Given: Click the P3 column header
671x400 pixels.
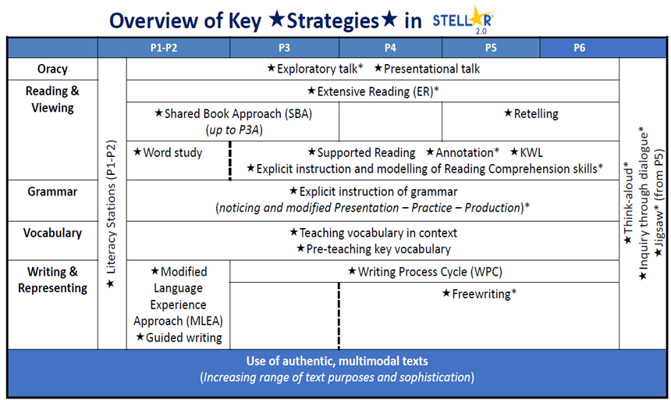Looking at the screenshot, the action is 284,48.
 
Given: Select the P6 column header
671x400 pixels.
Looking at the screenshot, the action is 580,48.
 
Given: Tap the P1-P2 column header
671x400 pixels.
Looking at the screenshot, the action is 164,48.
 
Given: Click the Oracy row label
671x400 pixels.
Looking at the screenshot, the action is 52,69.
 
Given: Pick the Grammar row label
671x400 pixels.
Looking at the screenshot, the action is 52,191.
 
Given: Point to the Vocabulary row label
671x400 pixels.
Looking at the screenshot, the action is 52,233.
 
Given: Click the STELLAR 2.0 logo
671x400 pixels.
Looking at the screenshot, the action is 463,20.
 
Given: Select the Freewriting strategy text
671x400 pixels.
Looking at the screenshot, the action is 479,294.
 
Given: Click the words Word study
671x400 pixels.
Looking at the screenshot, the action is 172,152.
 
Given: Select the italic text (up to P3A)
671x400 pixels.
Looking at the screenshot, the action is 233,130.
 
